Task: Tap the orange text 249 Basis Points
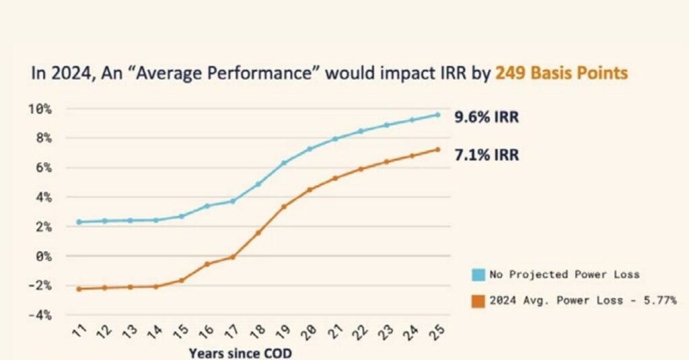click(562, 73)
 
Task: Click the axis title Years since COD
click(240, 353)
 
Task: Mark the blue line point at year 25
click(437, 115)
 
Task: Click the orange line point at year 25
click(437, 149)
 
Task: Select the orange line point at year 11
click(79, 289)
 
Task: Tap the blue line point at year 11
click(79, 221)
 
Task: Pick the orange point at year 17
click(233, 256)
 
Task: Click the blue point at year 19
click(284, 163)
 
